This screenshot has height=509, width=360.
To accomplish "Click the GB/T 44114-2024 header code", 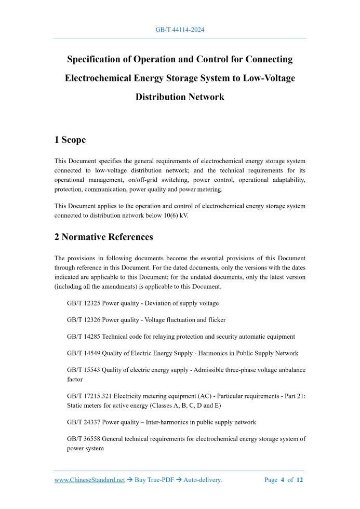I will click(x=180, y=30).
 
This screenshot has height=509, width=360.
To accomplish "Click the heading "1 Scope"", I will click(x=70, y=140).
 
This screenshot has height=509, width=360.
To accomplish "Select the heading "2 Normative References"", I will click(x=103, y=237).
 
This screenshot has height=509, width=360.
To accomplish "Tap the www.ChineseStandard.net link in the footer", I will click(x=89, y=480).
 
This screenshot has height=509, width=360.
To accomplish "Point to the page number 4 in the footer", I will click(x=283, y=480).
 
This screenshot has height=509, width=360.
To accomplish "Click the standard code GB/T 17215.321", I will click(x=90, y=396).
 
